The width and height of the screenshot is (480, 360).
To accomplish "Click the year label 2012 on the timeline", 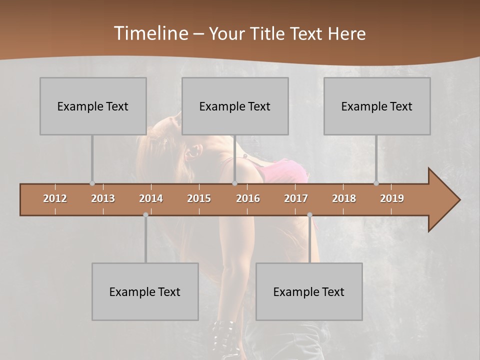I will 55,198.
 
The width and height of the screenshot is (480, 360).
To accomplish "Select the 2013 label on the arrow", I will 103,198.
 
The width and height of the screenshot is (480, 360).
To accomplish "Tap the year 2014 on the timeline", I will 151,198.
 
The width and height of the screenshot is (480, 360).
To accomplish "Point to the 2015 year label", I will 199,198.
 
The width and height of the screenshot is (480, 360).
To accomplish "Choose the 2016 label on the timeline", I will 248,198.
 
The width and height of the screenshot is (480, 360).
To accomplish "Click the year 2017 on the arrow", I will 296,198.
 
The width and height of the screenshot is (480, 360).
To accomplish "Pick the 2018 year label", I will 344,198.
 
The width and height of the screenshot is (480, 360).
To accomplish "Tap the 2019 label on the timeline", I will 392,198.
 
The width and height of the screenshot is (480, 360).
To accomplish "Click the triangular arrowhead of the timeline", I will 443,199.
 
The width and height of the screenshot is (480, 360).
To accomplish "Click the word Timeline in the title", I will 150,33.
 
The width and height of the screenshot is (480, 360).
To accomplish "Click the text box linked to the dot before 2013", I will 93,106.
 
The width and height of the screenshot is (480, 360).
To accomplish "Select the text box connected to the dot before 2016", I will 235,106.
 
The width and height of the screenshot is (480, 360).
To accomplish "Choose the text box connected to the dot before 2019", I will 377,106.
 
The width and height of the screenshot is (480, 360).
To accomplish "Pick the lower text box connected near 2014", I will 145,291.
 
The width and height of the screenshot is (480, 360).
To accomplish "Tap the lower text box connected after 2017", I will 309,291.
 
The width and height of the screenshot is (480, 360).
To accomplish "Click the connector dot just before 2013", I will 92,183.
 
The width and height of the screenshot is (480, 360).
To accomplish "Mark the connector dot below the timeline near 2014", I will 145,215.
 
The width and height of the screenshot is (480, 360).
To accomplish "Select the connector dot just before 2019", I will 376,183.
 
